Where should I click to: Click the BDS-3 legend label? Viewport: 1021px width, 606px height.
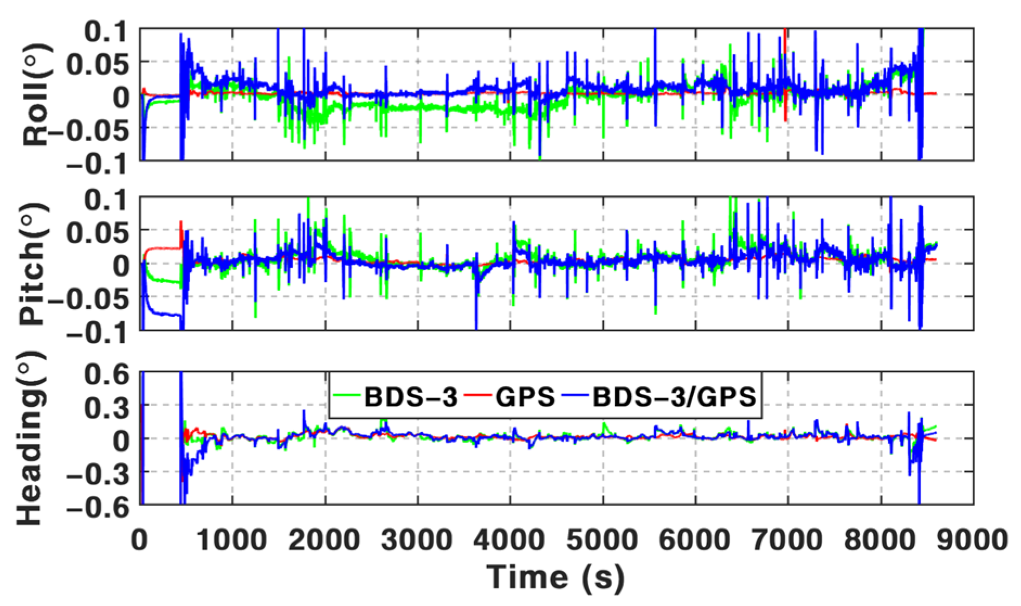click(410, 397)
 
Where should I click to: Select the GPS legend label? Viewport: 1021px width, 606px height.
click(525, 397)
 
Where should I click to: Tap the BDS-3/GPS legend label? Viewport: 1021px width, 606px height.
click(674, 397)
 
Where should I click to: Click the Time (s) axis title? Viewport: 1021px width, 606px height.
click(555, 577)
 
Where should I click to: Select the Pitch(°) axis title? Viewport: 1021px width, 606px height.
click(34, 264)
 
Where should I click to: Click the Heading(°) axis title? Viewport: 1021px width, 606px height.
click(30, 438)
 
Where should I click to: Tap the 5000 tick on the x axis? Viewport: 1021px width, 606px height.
click(603, 540)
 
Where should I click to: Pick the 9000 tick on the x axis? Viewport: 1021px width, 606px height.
click(972, 540)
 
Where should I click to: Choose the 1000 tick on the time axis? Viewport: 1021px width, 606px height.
click(232, 540)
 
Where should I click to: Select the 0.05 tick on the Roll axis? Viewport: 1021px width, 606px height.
click(98, 65)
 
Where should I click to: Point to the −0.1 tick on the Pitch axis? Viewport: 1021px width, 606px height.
click(98, 332)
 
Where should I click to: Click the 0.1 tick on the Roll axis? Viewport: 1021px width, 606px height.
click(107, 31)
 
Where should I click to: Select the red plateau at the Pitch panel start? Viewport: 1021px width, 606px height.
click(163, 248)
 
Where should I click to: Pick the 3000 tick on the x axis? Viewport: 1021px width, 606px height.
click(417, 540)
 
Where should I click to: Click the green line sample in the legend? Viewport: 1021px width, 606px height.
click(347, 394)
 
